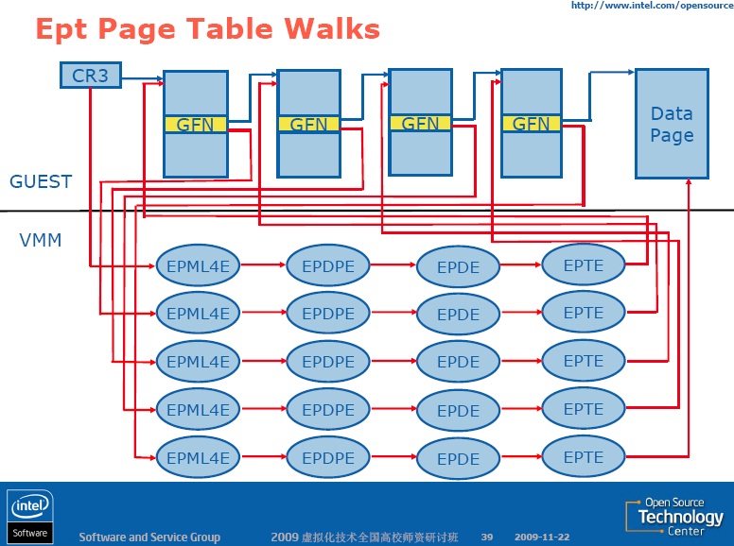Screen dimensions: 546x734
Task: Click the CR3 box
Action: [x=90, y=75]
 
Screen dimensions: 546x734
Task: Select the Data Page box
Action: [x=672, y=124]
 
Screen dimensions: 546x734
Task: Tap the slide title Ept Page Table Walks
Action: [x=207, y=29]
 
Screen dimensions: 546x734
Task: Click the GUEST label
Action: [x=41, y=181]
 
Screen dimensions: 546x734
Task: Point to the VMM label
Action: [x=41, y=241]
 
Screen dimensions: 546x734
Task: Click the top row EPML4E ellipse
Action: [x=198, y=266]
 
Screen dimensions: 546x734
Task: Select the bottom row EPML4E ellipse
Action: [x=198, y=458]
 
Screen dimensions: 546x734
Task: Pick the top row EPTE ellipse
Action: [x=584, y=265]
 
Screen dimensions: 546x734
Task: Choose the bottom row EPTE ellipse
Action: [x=584, y=457]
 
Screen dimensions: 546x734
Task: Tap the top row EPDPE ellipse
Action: [x=328, y=266]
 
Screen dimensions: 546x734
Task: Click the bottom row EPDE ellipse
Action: [x=458, y=459]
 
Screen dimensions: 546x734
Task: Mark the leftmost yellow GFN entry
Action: [x=196, y=124]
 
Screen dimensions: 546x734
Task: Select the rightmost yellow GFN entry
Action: [x=531, y=123]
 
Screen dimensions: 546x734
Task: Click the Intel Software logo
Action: [x=29, y=516]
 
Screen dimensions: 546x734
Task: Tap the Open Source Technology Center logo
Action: [x=674, y=517]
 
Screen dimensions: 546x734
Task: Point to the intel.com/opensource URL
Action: [x=651, y=6]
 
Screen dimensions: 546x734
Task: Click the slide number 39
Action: [x=487, y=537]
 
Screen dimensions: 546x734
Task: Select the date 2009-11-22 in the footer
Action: [x=542, y=537]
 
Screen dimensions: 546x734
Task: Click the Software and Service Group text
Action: [x=149, y=537]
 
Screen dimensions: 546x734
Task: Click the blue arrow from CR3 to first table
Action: [x=142, y=78]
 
